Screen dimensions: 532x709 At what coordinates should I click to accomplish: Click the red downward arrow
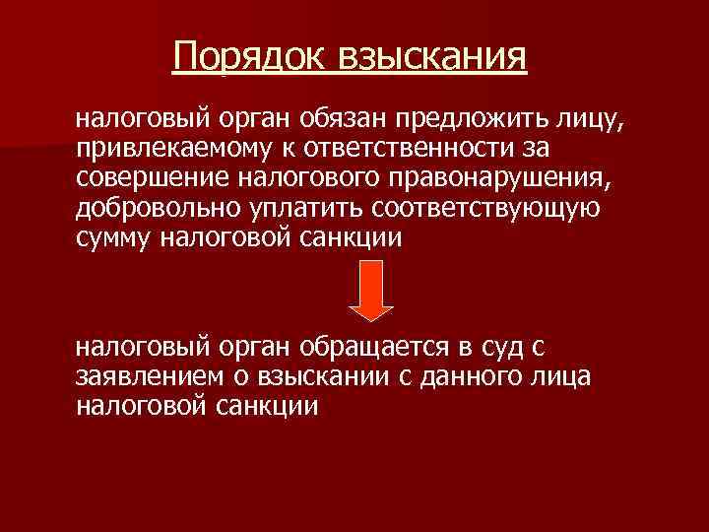click(x=373, y=292)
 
